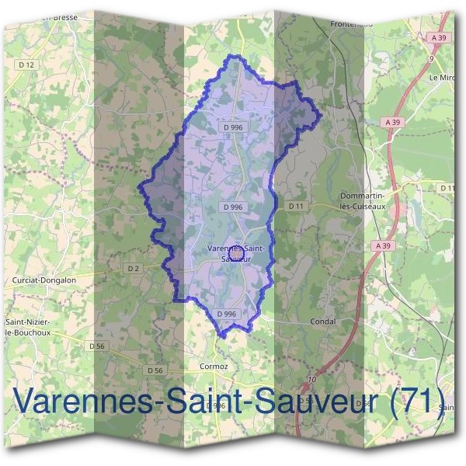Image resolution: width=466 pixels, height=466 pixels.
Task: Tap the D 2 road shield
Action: coord(133,268)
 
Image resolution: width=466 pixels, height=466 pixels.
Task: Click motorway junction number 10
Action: coord(312,379)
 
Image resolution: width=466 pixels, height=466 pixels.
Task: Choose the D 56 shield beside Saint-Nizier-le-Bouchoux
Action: coord(97,346)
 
